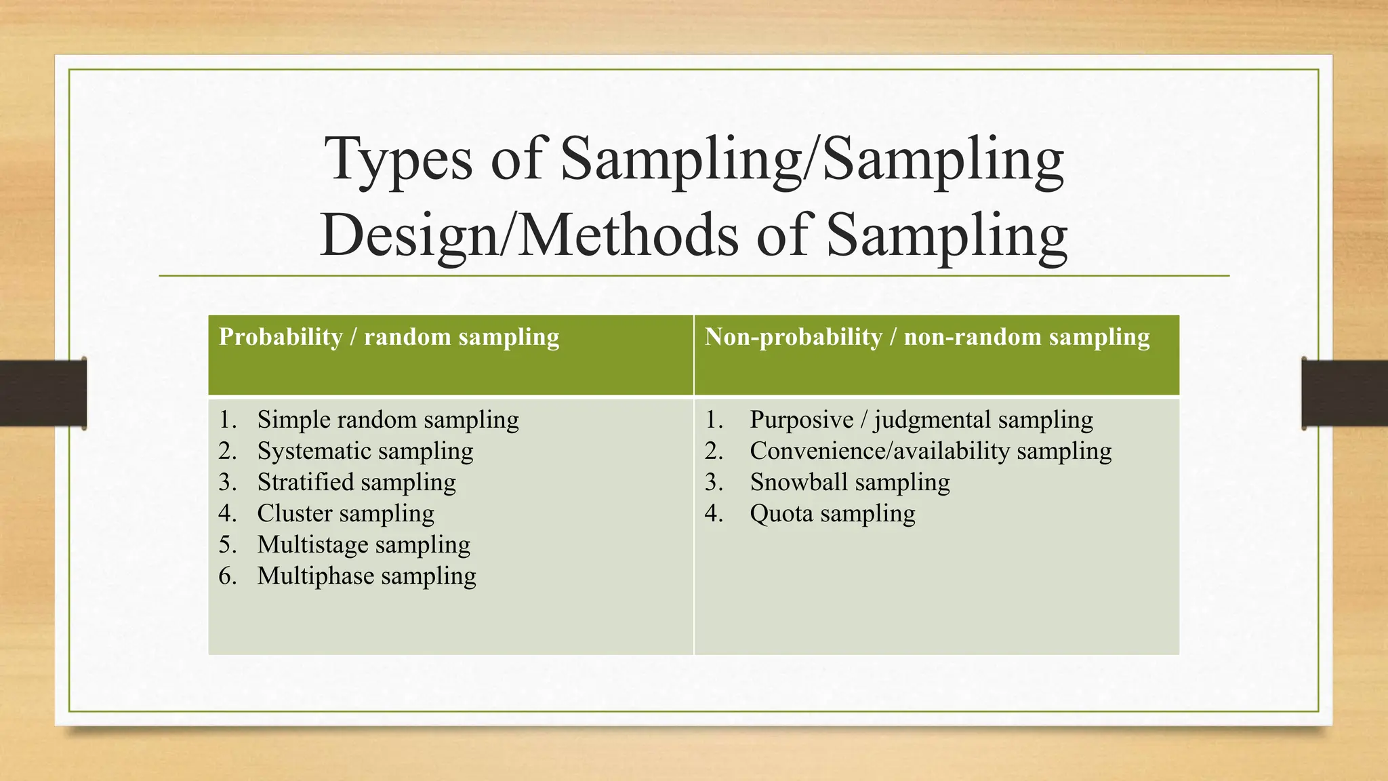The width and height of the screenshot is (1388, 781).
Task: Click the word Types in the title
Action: [398, 160]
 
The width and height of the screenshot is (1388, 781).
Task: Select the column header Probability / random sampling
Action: [389, 337]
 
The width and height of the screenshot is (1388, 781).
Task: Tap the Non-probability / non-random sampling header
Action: [926, 337]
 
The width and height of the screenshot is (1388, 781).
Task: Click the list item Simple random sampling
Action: [388, 420]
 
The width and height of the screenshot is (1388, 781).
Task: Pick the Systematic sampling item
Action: [365, 452]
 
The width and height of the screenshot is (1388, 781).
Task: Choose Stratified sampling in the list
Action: [356, 483]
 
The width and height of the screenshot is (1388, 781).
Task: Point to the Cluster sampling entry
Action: [346, 514]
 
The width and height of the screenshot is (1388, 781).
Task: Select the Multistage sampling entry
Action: [363, 545]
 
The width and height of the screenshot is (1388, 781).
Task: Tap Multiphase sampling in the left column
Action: [367, 576]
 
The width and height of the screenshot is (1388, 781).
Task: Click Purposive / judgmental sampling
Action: [921, 420]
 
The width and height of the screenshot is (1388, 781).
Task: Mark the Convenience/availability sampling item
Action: [931, 452]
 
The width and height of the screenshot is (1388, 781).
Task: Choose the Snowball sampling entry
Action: [850, 483]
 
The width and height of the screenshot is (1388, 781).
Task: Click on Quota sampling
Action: [832, 514]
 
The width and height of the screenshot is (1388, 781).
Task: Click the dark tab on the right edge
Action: [1345, 393]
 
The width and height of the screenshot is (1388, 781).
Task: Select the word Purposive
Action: [801, 420]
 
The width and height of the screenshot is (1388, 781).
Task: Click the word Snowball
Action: [799, 483]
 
